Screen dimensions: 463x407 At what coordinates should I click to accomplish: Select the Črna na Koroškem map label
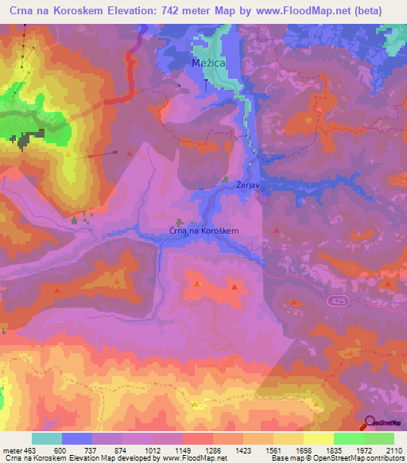(x=204, y=231)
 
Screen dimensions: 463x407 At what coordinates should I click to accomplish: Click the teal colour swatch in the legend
(x=47, y=438)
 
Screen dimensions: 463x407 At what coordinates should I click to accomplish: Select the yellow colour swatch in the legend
(x=318, y=438)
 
